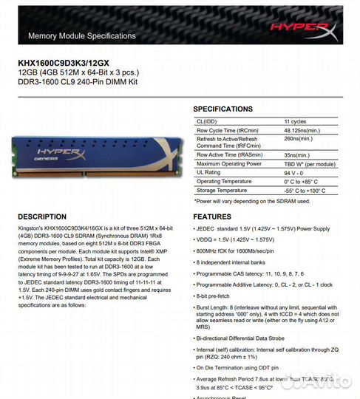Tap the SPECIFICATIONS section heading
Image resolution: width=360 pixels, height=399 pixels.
[223, 109]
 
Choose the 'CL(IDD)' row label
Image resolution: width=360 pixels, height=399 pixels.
[206, 120]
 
